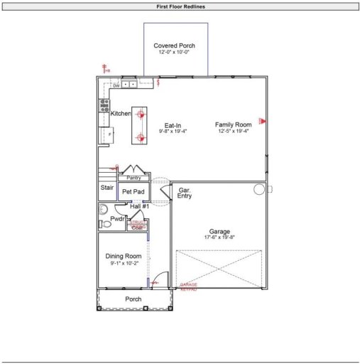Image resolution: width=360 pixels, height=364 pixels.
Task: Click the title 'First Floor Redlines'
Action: (x=180, y=6)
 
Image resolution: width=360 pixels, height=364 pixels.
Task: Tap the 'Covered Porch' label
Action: (x=174, y=45)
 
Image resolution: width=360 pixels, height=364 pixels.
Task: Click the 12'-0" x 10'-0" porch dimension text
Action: (x=174, y=53)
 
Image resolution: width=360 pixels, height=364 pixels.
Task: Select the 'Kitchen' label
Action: (x=121, y=114)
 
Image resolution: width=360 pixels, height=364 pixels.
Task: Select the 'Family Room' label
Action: (x=234, y=124)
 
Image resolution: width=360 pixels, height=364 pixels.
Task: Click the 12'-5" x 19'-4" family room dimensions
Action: (x=234, y=132)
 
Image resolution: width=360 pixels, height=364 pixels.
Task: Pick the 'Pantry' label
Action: (x=133, y=178)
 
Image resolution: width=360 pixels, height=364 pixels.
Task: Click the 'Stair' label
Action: (x=107, y=188)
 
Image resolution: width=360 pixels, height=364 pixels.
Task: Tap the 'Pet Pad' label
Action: (x=133, y=192)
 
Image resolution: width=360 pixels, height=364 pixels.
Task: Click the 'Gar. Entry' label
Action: (x=185, y=193)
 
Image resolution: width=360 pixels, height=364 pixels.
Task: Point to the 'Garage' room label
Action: (x=219, y=232)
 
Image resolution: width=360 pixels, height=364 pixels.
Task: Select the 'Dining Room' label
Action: (x=124, y=256)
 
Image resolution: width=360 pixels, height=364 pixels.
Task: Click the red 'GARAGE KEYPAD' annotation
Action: (x=188, y=287)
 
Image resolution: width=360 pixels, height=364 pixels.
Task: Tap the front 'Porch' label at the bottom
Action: (x=133, y=299)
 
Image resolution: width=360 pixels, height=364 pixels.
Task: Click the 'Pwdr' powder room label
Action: (x=117, y=219)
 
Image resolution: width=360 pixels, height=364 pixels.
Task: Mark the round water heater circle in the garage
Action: (x=258, y=190)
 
